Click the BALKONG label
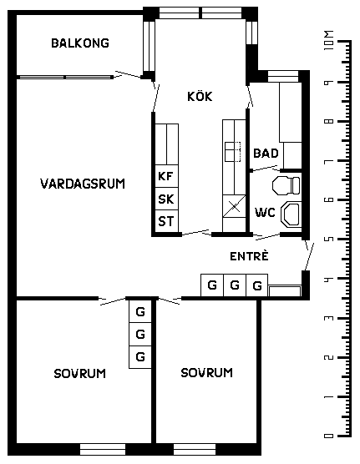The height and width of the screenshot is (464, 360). (x=80, y=43)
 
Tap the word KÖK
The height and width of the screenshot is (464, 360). (x=200, y=96)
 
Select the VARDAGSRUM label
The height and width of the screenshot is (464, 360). (x=83, y=184)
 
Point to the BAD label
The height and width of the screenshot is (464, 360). (x=266, y=154)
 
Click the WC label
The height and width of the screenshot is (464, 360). (x=265, y=213)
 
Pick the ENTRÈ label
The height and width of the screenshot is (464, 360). (x=249, y=256)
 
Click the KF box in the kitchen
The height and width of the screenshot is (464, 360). (x=167, y=176)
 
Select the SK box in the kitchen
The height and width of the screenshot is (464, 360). (x=167, y=199)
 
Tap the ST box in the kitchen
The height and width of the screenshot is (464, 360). (x=167, y=221)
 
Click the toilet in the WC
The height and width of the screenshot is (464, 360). (x=286, y=185)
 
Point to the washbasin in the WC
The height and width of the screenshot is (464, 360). (x=291, y=214)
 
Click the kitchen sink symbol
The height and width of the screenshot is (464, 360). (x=232, y=152)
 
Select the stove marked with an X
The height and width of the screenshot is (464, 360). (x=235, y=206)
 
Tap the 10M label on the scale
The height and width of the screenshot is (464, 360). (x=329, y=40)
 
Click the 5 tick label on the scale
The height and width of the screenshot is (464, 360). (x=328, y=239)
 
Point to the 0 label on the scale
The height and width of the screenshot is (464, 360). (x=329, y=436)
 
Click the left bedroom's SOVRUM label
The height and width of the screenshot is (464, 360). (x=79, y=373)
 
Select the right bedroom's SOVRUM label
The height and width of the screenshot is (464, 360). (x=207, y=372)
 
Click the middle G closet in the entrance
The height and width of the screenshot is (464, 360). (x=235, y=285)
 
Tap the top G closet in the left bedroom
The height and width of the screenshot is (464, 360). (x=140, y=311)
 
